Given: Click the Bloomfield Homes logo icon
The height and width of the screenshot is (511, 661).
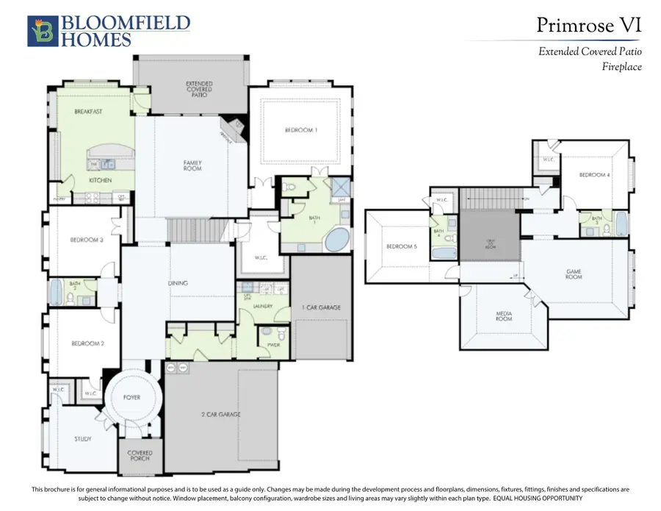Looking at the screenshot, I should pos(40,31).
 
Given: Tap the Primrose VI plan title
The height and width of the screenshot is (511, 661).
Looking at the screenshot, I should pos(588,25).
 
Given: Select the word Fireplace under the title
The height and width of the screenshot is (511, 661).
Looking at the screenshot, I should pos(621,67).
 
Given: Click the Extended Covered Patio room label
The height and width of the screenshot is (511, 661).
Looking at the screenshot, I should pos(199,88).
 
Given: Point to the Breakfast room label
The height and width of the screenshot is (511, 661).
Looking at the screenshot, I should pos(87,112).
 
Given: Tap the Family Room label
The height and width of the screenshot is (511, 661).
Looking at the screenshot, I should pos(192,165).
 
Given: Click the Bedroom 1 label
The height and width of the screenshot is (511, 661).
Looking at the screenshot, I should pos(300,130).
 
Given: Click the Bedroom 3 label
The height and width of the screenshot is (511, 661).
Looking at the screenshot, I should pos(87,240).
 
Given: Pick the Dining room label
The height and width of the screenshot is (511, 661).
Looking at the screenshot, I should pos(178,283).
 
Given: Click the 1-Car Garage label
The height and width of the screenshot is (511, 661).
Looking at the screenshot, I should pos(319,307).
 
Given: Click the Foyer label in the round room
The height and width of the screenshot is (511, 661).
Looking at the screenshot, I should pos(132,398).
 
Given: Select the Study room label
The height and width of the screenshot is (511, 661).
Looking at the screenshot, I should pos(83,439).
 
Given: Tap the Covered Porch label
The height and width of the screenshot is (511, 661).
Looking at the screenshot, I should pos(140,456).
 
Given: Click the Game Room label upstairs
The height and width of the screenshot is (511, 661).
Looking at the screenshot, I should pos(574,274).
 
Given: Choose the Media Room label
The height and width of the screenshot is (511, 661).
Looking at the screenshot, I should pos(503,316).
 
